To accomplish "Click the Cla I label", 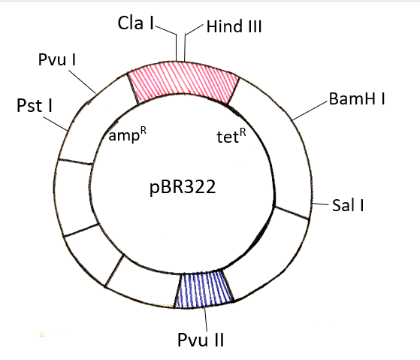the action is click(x=135, y=23).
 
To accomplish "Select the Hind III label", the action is click(x=234, y=26).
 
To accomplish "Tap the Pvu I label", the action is click(x=57, y=59).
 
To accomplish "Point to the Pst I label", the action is click(x=35, y=105).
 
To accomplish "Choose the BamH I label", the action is click(x=357, y=98).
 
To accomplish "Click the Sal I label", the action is click(x=348, y=205).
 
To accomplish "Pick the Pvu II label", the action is click(x=201, y=340).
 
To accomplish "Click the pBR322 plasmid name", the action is click(x=183, y=187).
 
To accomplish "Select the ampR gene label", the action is click(x=127, y=135).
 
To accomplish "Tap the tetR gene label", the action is click(x=231, y=136).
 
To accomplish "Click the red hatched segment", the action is click(x=183, y=81).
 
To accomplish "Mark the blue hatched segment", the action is click(x=204, y=289).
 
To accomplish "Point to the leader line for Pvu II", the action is click(x=206, y=319).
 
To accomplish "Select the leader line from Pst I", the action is click(x=56, y=124).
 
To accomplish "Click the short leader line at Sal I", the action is click(x=321, y=204).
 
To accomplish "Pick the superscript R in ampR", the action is click(x=144, y=130).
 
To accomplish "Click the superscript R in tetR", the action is click(x=243, y=132).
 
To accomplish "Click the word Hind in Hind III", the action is click(x=224, y=26).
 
